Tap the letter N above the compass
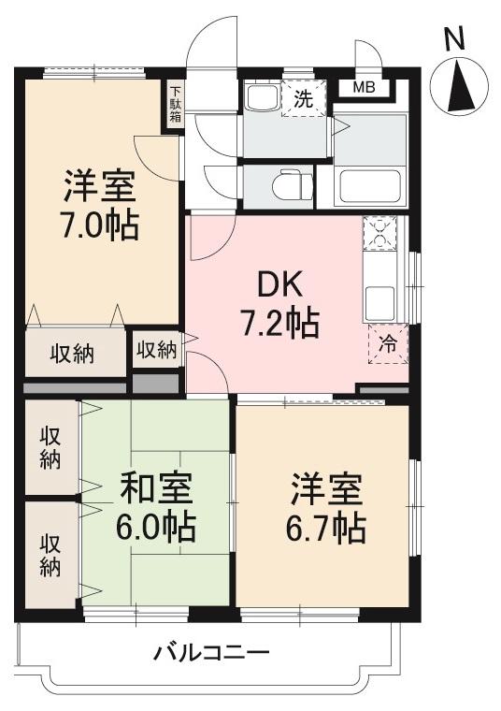(x=454, y=38)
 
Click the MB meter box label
(x=364, y=89)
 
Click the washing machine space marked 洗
(x=304, y=98)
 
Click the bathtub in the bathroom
(x=370, y=186)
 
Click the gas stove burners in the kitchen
(x=379, y=233)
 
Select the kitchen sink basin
(x=379, y=301)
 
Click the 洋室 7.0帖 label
(x=100, y=205)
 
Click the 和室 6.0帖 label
(x=156, y=508)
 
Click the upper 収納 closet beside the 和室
(x=50, y=447)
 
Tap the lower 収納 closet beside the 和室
(x=50, y=555)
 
